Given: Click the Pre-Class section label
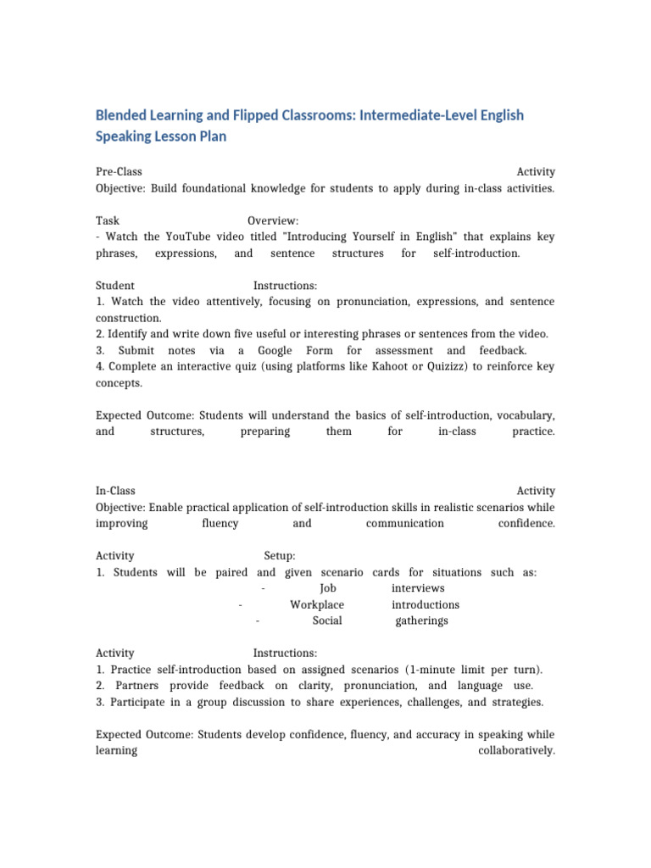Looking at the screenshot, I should click(x=119, y=171).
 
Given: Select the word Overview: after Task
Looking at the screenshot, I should click(x=273, y=220).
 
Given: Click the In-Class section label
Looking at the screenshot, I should click(x=115, y=491).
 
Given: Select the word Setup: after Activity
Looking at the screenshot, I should click(x=280, y=556).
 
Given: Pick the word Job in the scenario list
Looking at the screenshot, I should click(x=328, y=588).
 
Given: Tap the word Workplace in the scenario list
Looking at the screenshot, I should click(x=317, y=604).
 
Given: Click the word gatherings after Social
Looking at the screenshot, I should click(x=422, y=620).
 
